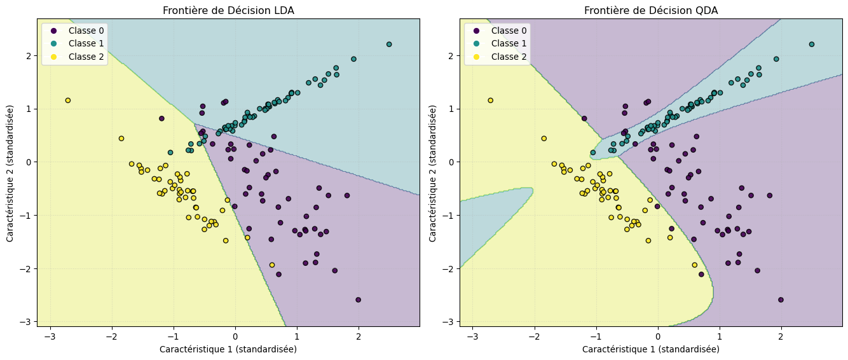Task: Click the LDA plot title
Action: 228,10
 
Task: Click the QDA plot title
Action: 651,10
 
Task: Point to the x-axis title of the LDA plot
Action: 228,349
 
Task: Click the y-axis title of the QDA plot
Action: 433,173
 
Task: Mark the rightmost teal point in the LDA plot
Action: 389,45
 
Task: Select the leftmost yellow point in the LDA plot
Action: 67,100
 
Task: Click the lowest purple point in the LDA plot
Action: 358,300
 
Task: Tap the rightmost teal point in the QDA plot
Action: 812,45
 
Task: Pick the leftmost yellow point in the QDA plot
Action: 490,100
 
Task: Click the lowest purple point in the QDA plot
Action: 781,300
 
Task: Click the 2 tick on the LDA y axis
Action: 28,55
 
